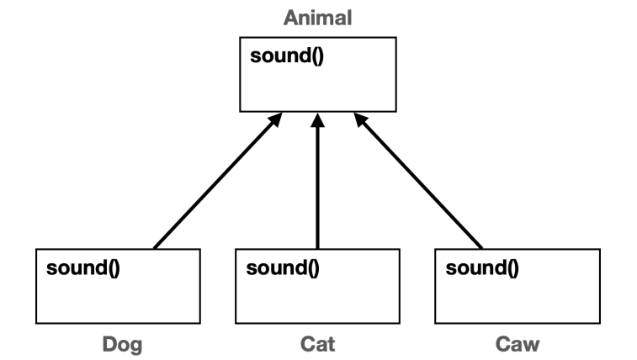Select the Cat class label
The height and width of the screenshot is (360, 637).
pos(317,344)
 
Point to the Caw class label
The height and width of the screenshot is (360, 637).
pos(517,344)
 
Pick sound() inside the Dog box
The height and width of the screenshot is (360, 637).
pos(82,269)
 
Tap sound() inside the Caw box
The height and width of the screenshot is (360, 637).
pos(481,269)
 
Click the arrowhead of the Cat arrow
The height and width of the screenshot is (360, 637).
pos(317,122)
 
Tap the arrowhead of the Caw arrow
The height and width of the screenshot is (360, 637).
pos(359,123)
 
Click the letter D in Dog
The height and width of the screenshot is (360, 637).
pos(108,344)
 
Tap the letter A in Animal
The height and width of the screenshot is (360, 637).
pos(290,17)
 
